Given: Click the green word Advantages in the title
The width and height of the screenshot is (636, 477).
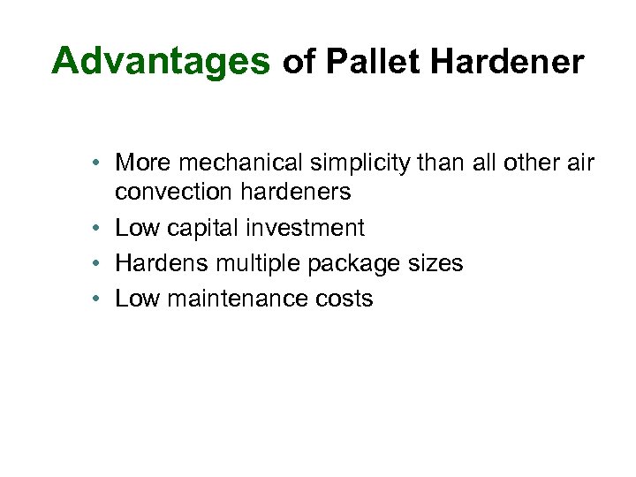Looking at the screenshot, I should click(160, 62).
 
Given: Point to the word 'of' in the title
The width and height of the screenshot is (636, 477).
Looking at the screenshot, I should click(298, 62).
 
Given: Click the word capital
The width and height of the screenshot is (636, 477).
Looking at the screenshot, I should click(201, 227).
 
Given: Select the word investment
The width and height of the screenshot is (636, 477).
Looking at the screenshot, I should click(305, 227).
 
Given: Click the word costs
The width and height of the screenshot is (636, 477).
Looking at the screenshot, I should click(344, 299).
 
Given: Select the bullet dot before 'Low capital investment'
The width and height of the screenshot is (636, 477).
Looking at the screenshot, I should click(103, 228).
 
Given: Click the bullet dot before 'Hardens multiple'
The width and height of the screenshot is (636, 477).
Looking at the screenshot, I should click(103, 264).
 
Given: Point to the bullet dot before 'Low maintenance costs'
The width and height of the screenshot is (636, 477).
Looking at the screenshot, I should click(103, 299).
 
